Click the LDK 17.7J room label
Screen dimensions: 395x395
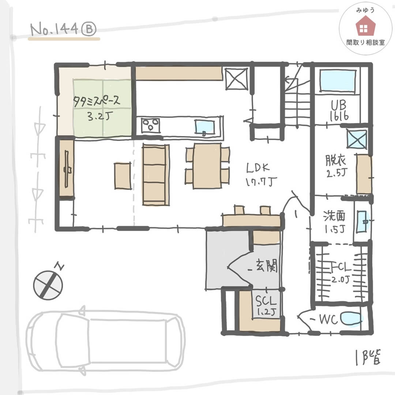pos(261,174)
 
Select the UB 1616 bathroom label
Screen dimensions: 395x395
pos(339,110)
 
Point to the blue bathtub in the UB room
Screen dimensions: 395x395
pos(338,80)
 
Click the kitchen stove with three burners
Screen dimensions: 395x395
pos(150,125)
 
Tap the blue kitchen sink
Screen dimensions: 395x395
pos(204,127)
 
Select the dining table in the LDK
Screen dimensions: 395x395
pos(208,166)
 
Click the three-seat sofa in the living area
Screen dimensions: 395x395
pos(155,174)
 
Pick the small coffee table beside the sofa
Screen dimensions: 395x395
pos(123,176)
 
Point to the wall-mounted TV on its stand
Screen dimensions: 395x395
pos(67,169)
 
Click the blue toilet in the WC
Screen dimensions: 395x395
pos(351,319)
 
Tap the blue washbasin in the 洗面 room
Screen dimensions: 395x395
pos(363,221)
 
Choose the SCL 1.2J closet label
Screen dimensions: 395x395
pos(266,305)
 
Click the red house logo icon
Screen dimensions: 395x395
pos(365,26)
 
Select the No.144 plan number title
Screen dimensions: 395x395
pos(63,30)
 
